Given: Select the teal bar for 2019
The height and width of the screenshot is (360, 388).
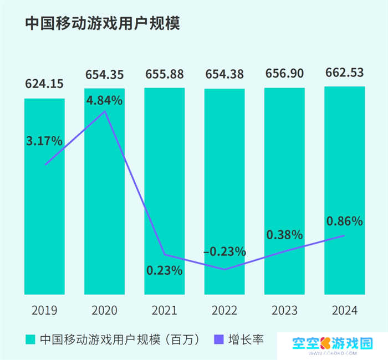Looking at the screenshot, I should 44,222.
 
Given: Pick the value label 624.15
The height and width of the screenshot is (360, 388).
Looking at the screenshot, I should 44,85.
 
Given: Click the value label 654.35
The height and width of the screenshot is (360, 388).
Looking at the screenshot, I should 104,74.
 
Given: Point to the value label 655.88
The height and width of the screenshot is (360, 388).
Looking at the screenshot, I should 165,74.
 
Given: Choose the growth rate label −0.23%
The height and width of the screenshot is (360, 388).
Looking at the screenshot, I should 224,251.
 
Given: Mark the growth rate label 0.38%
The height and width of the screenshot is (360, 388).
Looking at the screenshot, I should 284,234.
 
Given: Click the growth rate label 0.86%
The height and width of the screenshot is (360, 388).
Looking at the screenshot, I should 344,222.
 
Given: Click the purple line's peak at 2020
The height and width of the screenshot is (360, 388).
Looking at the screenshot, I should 105,112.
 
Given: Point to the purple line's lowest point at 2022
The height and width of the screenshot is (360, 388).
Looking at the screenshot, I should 224,270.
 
